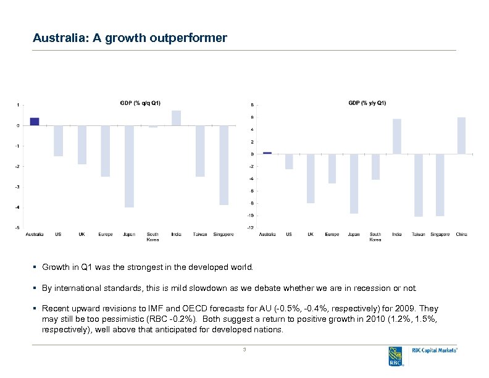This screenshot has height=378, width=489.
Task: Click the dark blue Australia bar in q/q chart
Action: click(x=35, y=122)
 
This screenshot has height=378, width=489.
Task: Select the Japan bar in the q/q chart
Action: click(x=129, y=166)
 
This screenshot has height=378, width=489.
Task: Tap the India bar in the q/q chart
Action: click(x=176, y=118)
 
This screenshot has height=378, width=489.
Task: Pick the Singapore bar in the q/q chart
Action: click(x=224, y=165)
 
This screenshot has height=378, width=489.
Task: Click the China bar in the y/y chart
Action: click(x=461, y=135)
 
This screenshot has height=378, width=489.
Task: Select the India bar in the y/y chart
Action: click(x=397, y=136)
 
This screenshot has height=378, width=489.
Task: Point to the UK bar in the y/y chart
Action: click(x=311, y=178)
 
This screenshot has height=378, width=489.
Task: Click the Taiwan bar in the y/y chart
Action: click(x=418, y=185)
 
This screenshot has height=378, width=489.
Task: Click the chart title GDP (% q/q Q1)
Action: click(x=140, y=103)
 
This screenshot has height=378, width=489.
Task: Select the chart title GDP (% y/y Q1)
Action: click(x=364, y=103)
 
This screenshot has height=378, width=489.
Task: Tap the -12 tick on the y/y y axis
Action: click(x=249, y=228)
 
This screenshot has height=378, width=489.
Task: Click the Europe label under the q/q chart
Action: click(x=105, y=235)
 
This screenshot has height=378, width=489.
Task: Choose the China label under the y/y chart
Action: click(x=461, y=235)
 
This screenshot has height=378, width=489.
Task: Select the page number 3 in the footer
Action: click(x=244, y=350)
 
